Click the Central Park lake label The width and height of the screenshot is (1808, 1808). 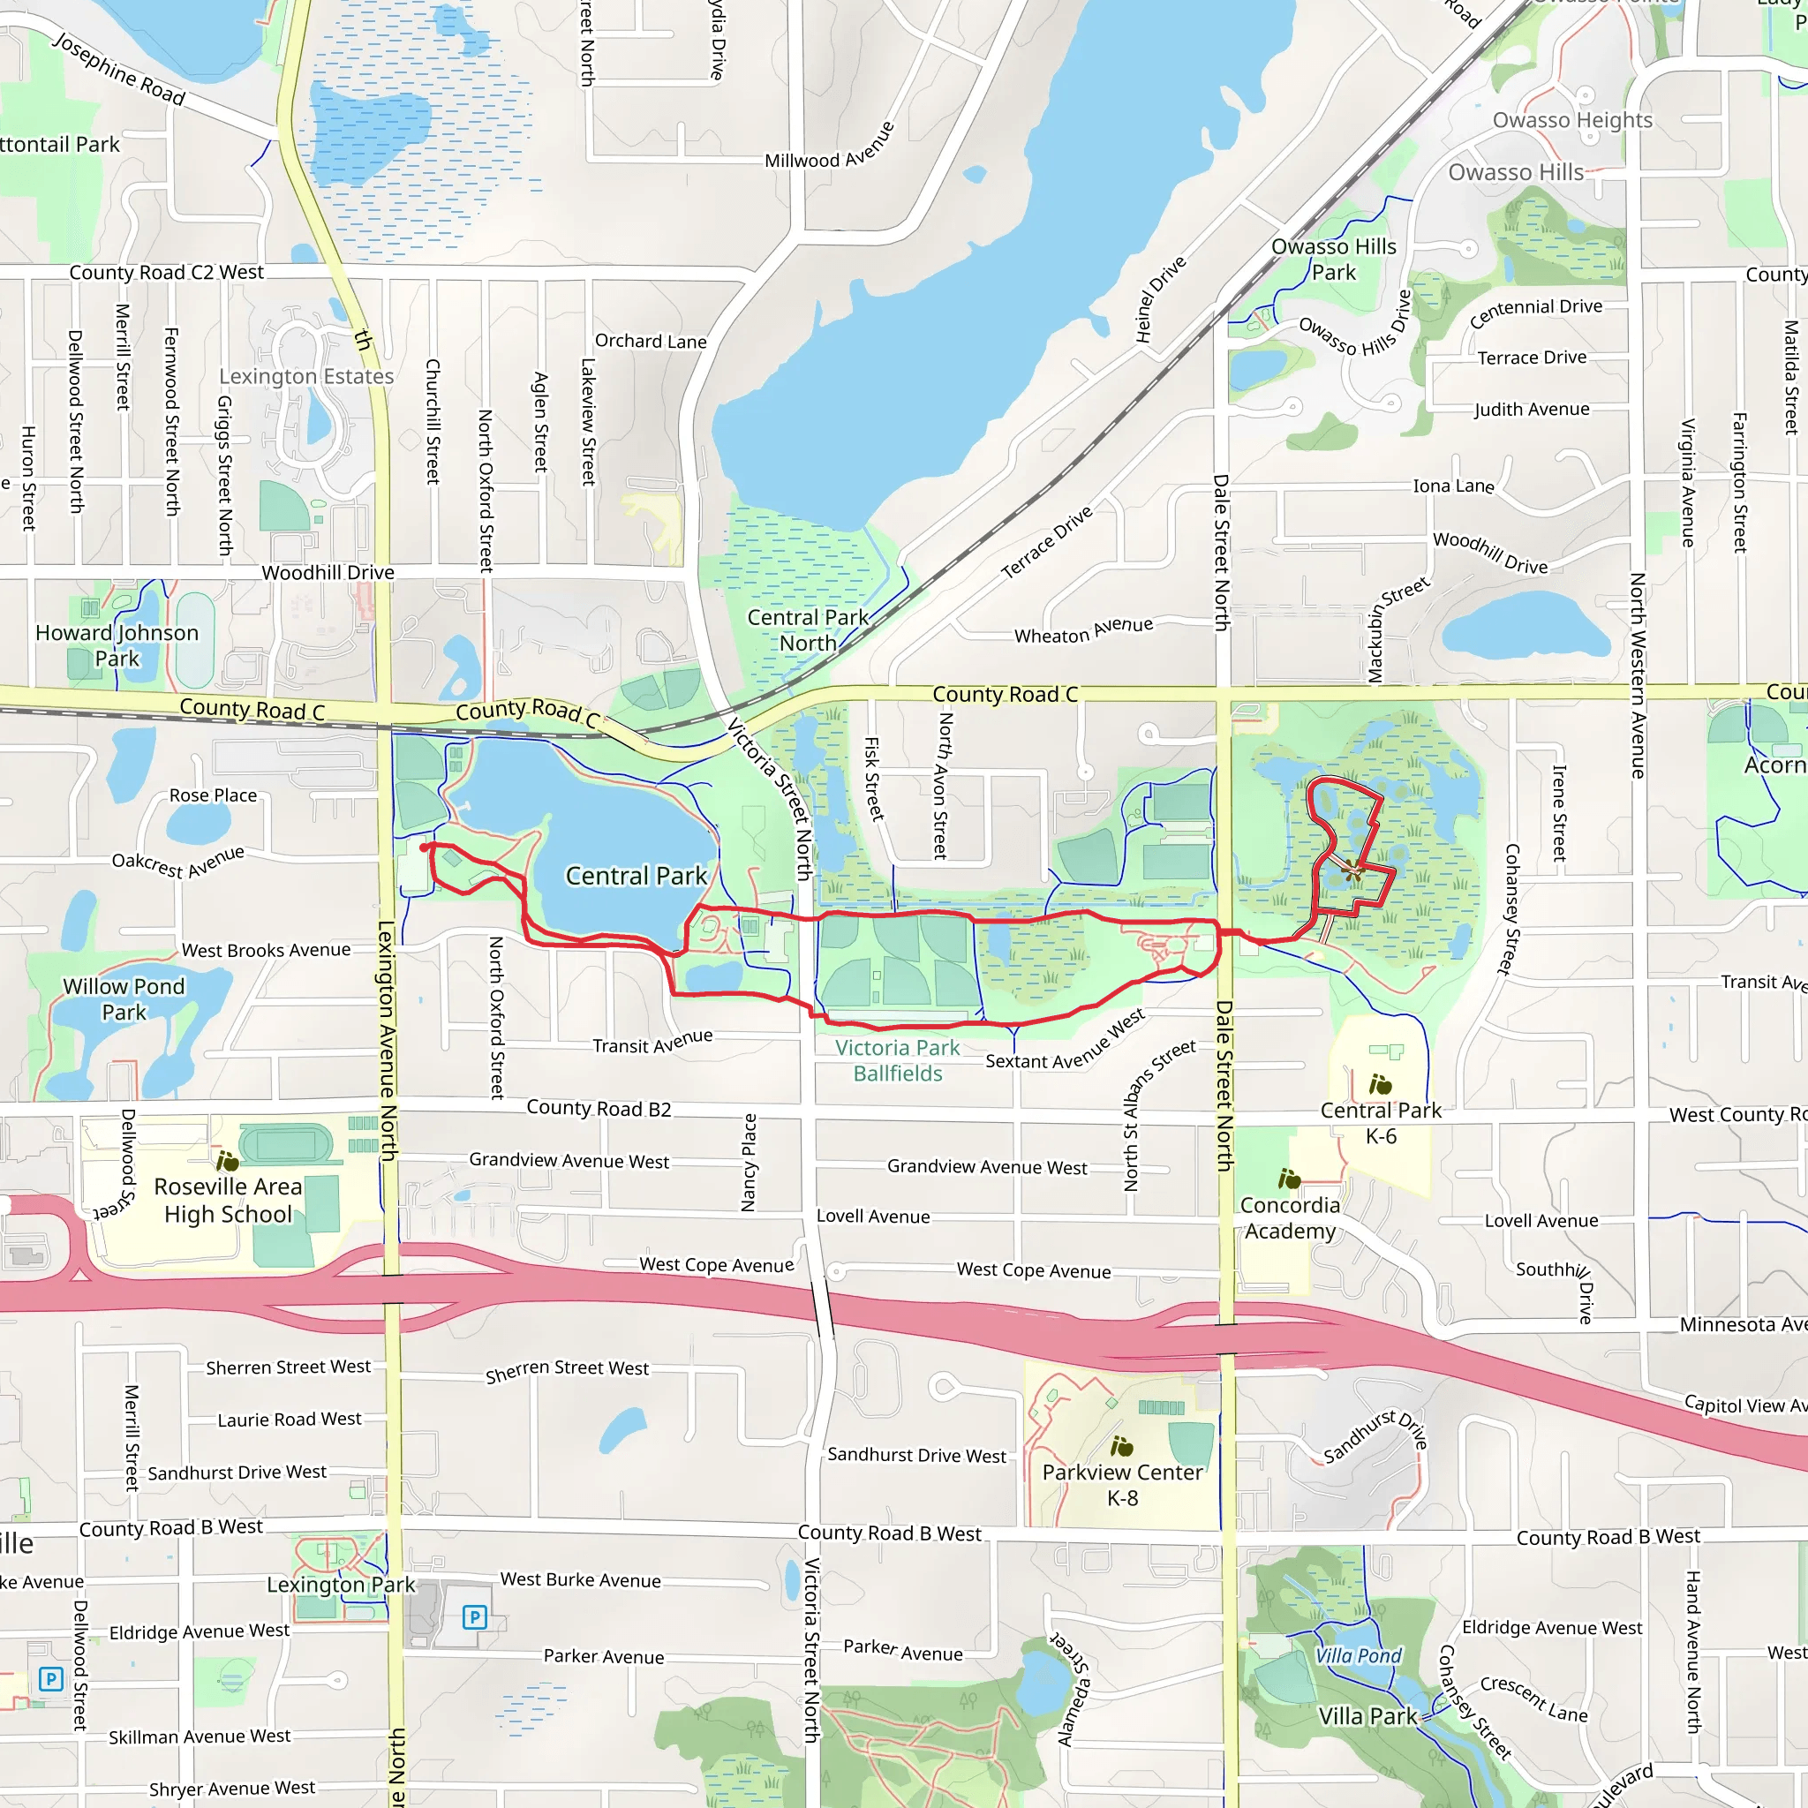coord(637,876)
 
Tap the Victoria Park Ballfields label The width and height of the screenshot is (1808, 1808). coord(898,1060)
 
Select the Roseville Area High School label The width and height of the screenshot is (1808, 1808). coord(228,1200)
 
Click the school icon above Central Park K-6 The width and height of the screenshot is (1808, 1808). coord(1381,1085)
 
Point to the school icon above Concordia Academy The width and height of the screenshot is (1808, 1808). coord(1290,1179)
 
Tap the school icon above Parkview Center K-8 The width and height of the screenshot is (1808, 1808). coord(1121,1447)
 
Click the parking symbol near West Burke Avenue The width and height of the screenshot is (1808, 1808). coord(474,1617)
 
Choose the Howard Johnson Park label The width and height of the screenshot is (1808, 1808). coord(117,645)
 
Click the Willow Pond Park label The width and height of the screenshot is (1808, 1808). coord(124,998)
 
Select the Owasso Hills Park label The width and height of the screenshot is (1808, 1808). coord(1334,260)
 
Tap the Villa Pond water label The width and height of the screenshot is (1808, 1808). coord(1358,1655)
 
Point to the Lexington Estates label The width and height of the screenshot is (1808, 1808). coord(306,376)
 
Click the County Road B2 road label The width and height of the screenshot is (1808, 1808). coord(599,1108)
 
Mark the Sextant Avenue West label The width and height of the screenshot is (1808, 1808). coord(1065,1041)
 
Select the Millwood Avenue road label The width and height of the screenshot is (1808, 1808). coord(830,147)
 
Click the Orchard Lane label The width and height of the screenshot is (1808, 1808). coord(651,342)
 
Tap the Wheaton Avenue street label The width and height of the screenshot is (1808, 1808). coord(1084,630)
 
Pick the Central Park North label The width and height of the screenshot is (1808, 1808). coord(808,629)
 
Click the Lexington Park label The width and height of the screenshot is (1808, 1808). coord(341,1585)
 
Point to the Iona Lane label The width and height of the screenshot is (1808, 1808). coord(1453,486)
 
